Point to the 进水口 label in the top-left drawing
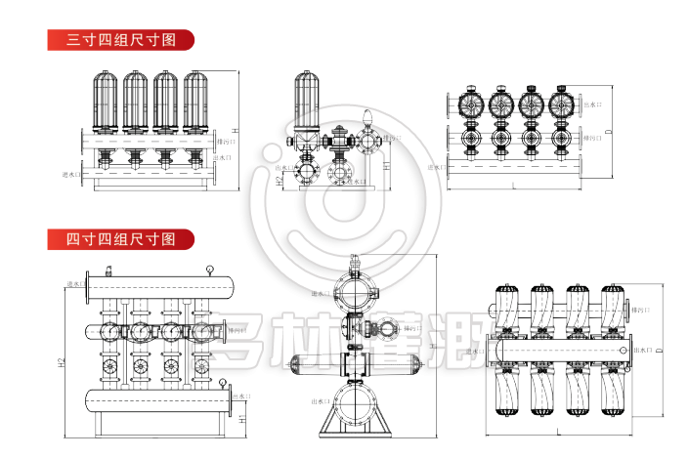coord(70,176)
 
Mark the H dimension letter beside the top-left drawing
coord(235,130)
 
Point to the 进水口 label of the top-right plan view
coord(438,167)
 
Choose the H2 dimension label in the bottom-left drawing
coord(61,363)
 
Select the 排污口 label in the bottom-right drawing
coord(642,310)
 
